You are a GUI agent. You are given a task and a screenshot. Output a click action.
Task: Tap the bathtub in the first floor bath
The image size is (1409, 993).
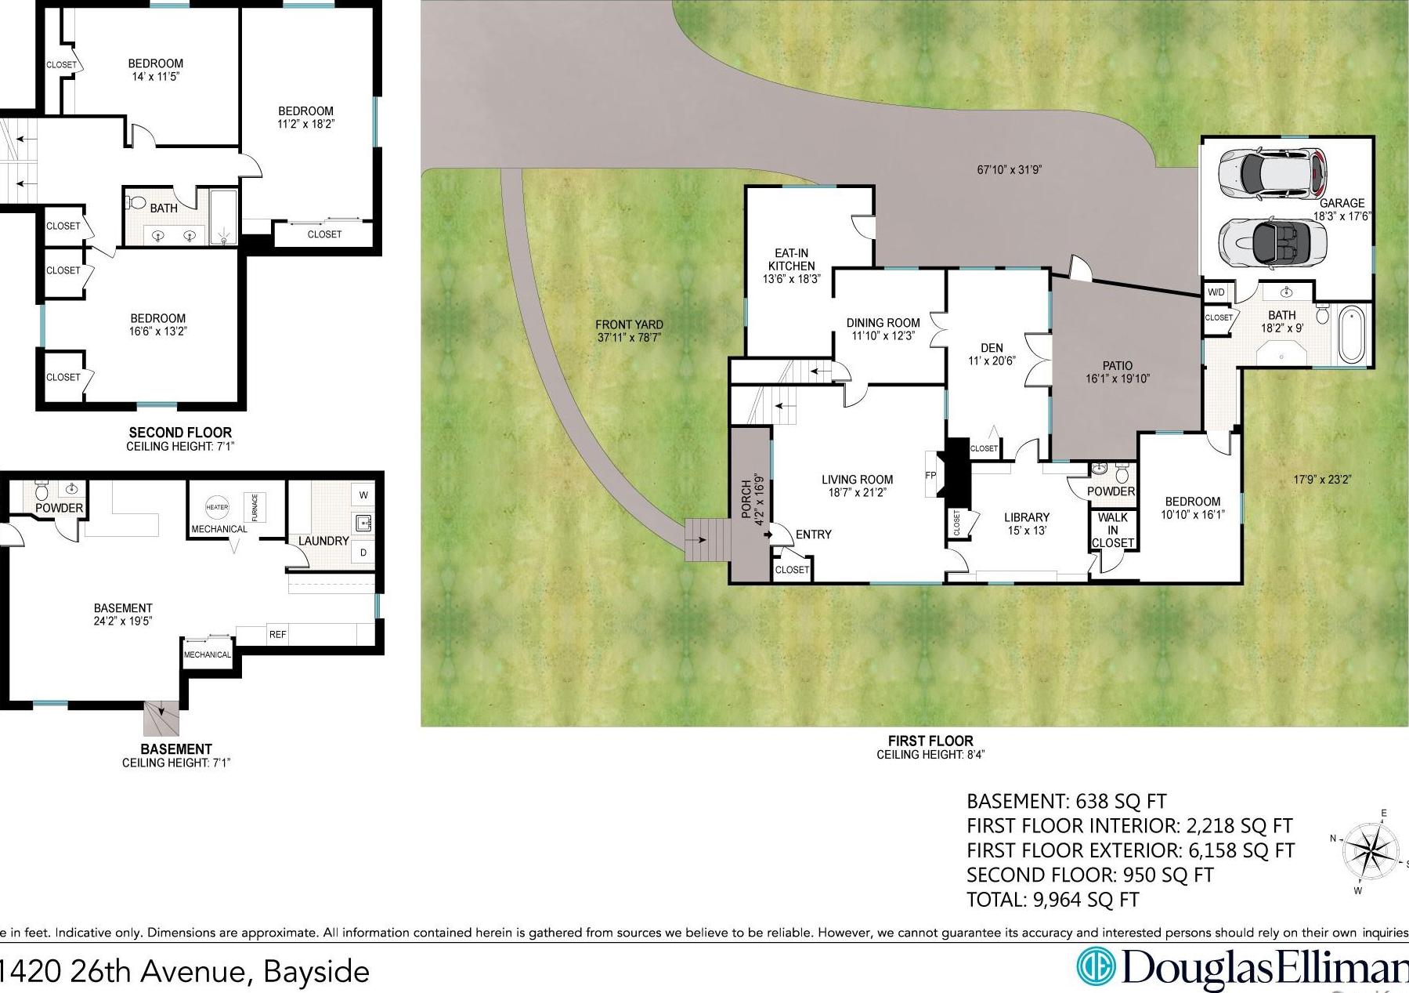(x=1352, y=336)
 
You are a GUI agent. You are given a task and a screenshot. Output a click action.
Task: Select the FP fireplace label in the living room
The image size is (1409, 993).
(x=930, y=475)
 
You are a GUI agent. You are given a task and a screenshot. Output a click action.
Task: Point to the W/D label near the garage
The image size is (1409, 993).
(x=1216, y=292)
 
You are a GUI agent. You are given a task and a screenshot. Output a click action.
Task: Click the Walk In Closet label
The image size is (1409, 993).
(x=1112, y=530)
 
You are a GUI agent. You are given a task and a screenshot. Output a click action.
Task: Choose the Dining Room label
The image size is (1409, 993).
(x=883, y=323)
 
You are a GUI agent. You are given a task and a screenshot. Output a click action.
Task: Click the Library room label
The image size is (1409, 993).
(x=1027, y=517)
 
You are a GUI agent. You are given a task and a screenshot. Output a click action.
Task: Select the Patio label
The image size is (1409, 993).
(x=1118, y=365)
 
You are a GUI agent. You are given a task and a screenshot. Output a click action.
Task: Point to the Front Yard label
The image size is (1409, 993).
(x=629, y=324)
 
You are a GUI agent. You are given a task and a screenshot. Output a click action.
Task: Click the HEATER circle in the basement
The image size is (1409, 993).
(x=217, y=507)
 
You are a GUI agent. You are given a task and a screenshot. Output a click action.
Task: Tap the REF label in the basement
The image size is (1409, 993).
(x=278, y=634)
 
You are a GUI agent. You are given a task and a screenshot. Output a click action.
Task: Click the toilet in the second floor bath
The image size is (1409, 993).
(x=137, y=203)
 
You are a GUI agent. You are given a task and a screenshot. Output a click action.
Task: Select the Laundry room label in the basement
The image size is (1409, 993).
(x=323, y=541)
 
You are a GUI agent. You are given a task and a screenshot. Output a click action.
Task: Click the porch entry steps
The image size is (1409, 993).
(x=707, y=539)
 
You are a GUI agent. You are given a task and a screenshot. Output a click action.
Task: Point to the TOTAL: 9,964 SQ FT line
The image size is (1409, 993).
(x=1053, y=899)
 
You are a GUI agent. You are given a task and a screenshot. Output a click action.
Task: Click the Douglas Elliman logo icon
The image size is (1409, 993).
(x=1097, y=966)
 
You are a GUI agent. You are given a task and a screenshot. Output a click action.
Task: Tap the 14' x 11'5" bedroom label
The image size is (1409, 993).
(x=156, y=70)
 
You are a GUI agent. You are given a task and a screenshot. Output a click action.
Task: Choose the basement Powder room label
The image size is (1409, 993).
(x=60, y=508)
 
